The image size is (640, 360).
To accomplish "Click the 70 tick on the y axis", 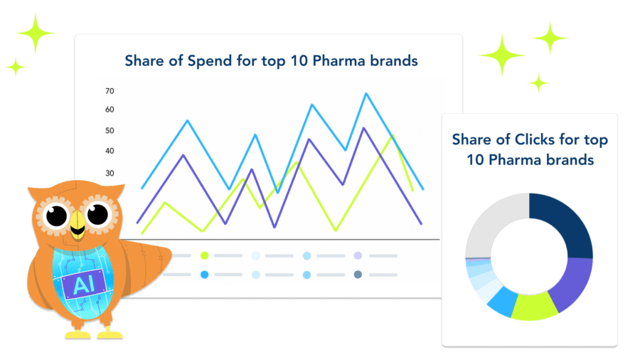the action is (110, 91).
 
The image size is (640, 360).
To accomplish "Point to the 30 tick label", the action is (110, 173).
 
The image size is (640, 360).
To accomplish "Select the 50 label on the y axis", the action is (110, 131).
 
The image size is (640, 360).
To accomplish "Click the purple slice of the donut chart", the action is (572, 282).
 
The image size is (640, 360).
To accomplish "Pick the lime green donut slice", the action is (534, 307).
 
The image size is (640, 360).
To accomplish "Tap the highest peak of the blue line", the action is (366, 94).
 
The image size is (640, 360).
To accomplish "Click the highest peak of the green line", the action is (393, 135).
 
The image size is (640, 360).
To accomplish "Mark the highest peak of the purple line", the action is (363, 128).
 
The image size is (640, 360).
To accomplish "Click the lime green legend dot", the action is (205, 256).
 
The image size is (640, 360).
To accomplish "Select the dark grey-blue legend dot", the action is (358, 275).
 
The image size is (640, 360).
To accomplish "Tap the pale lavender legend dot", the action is (358, 255).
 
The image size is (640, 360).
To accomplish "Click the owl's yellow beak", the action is (78, 225).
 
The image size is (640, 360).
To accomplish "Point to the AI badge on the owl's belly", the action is (85, 284).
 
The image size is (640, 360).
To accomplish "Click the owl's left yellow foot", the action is (78, 334).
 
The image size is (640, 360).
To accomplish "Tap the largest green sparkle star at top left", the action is (36, 33).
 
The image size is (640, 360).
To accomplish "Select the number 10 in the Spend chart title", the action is (299, 61).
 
